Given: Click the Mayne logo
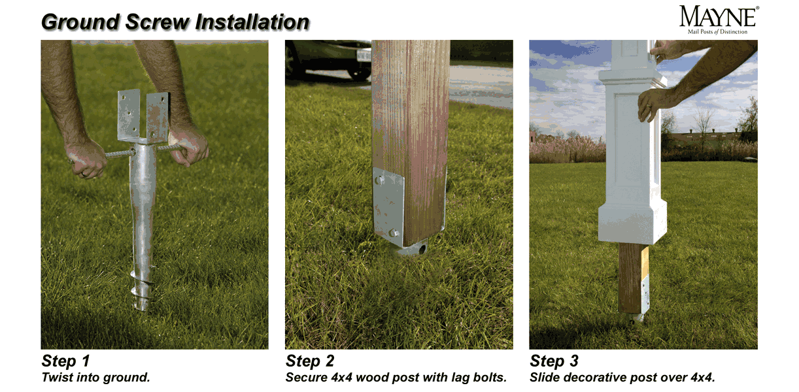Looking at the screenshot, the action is pyautogui.click(x=719, y=20).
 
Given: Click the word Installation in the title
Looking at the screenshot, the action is pyautogui.click(x=252, y=22).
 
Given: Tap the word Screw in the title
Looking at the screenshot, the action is pyautogui.click(x=157, y=22).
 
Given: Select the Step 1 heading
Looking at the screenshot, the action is pyautogui.click(x=65, y=361).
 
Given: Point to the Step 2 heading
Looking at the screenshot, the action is pyautogui.click(x=310, y=361).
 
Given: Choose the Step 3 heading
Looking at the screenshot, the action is pyautogui.click(x=554, y=361).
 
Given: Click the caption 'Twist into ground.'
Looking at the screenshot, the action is pyautogui.click(x=95, y=378).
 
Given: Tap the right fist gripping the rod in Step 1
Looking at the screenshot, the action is pyautogui.click(x=189, y=146).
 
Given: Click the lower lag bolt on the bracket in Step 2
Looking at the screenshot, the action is pyautogui.click(x=394, y=233).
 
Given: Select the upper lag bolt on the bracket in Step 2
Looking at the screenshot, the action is pyautogui.click(x=379, y=180).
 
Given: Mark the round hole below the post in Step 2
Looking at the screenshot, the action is pyautogui.click(x=423, y=248).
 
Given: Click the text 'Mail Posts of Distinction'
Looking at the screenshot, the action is pyautogui.click(x=717, y=32).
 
